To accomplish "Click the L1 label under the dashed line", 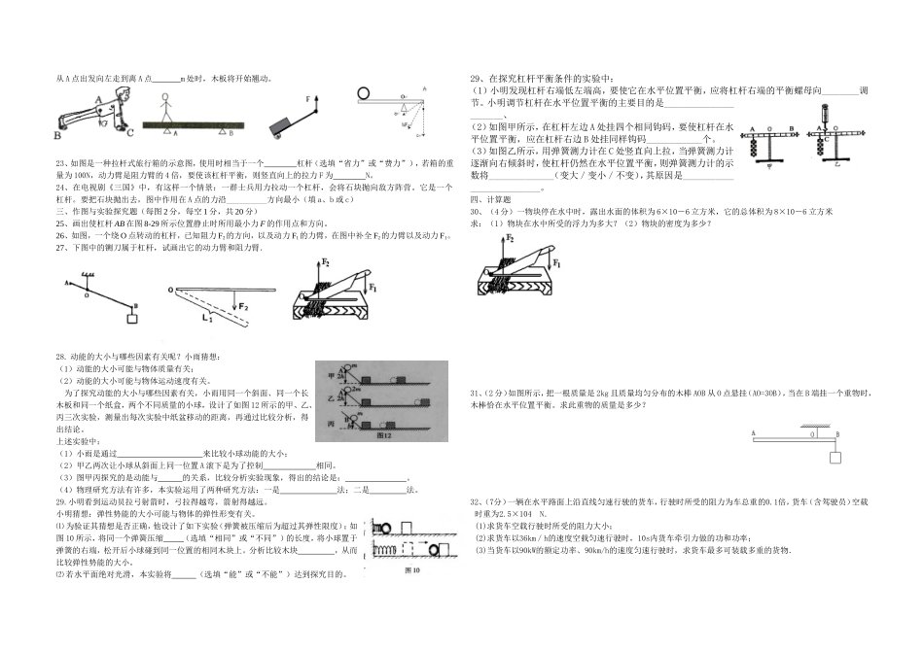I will [207, 318].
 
